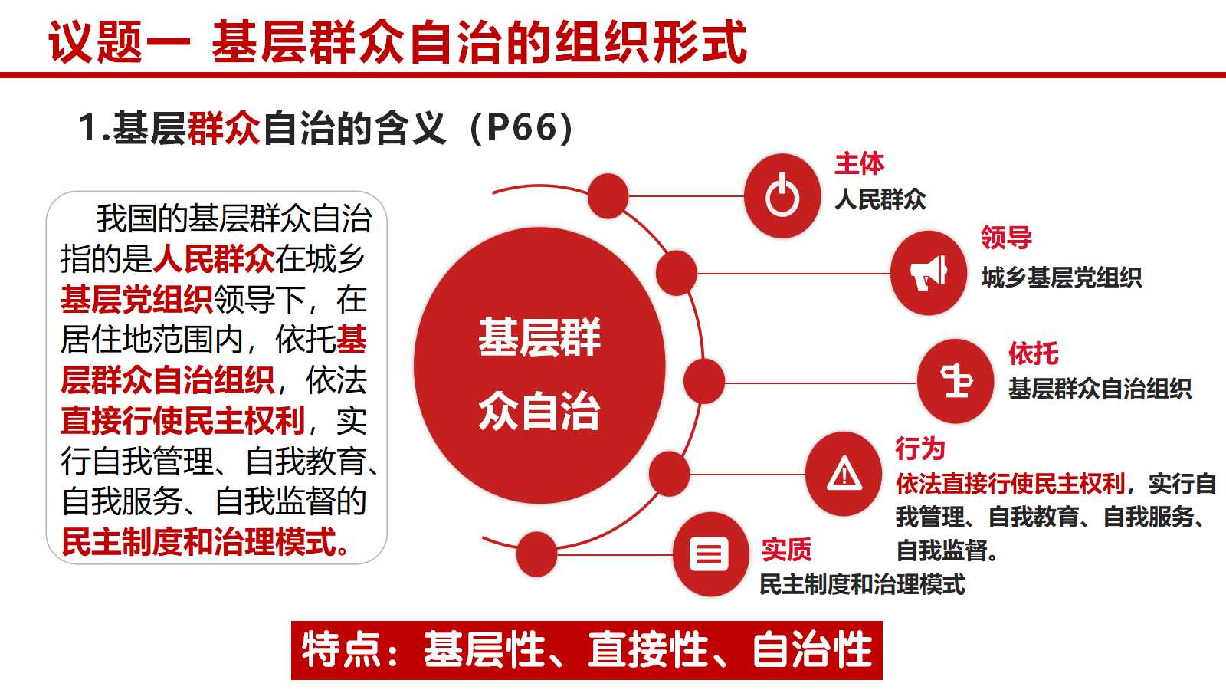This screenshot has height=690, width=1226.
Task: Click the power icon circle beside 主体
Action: coord(782,196)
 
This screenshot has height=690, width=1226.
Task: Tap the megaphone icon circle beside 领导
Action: coord(928,273)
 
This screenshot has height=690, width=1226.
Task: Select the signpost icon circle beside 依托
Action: coord(955,381)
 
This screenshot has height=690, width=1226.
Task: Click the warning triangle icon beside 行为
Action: coord(844,474)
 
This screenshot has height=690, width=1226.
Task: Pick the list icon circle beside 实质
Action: coord(710,554)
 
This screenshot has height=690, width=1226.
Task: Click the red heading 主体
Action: coord(859,164)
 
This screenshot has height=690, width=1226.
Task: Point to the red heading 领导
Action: coord(1006,238)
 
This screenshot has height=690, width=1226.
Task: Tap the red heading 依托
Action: coord(1034,353)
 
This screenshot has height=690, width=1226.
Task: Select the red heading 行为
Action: coord(920,449)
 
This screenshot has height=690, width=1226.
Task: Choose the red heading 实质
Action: coord(786,550)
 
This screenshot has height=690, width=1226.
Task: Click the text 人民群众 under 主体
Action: coord(880,199)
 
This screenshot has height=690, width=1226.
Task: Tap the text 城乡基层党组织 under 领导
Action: coord(1061,278)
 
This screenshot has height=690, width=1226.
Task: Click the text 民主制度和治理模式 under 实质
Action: coord(863,584)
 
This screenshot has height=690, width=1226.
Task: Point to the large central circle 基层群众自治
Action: coord(539,365)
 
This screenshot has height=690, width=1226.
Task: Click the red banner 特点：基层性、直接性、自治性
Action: coord(587,651)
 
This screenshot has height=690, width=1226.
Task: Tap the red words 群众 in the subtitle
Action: coord(223,129)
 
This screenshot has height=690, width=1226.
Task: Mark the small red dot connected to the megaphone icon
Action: coord(676,273)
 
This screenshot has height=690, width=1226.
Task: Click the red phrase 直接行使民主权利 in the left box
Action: coord(183,421)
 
